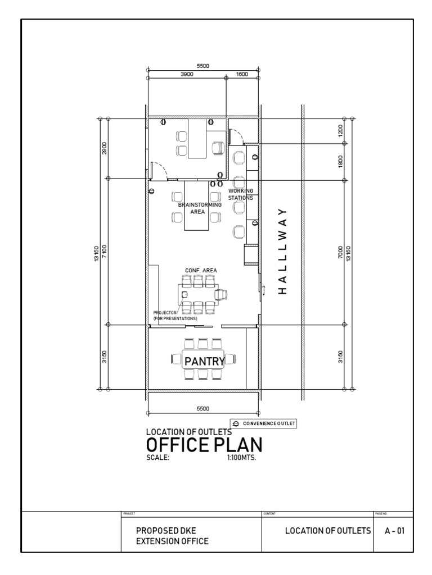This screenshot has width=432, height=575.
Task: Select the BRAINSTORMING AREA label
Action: click(200, 208)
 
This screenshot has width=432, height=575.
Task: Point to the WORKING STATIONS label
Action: click(241, 194)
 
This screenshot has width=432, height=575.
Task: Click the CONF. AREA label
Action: click(201, 270)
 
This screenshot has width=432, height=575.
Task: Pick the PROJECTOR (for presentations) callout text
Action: click(174, 316)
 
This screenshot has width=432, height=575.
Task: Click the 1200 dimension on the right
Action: click(340, 130)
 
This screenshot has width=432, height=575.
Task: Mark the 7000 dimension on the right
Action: click(340, 252)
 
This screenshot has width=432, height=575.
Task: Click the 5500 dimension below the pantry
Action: click(202, 408)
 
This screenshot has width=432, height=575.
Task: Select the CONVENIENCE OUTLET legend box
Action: click(263, 423)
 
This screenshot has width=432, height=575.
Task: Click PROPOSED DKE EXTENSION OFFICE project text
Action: click(172, 536)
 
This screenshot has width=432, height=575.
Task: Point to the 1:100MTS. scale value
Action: click(241, 457)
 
